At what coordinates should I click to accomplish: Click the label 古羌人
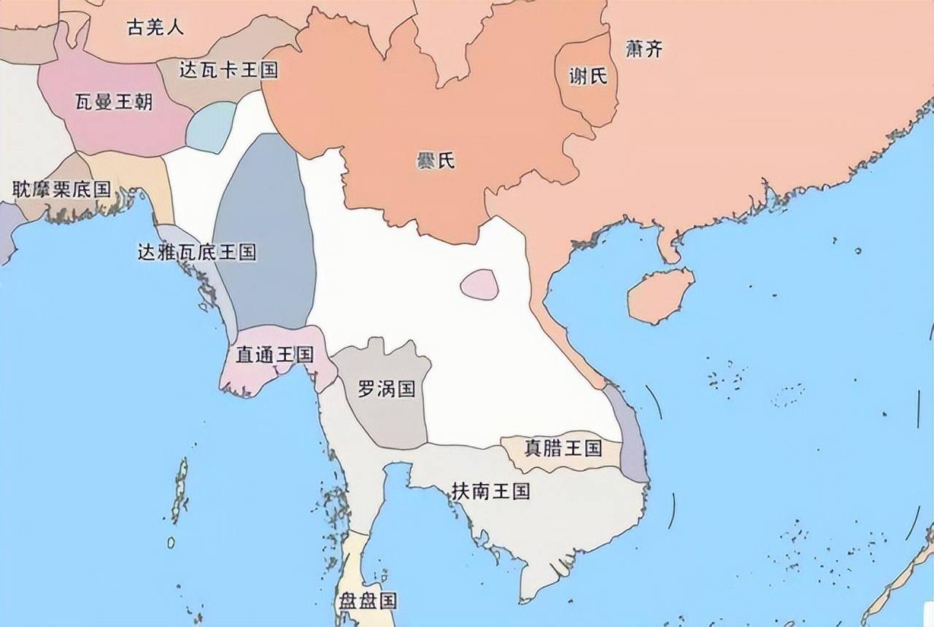point(155,28)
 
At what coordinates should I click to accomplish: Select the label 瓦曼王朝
point(114,101)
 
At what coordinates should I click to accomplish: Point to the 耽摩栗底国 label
point(62,190)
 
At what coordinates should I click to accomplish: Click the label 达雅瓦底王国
point(197,252)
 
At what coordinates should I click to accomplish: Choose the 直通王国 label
point(274,355)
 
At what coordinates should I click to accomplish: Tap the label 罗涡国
point(386,389)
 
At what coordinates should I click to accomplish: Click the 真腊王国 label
point(563,448)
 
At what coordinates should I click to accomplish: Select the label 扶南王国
point(490,491)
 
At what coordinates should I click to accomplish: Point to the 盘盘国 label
point(367,601)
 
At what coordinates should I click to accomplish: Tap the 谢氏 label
point(588,75)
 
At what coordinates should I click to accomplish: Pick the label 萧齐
point(644,50)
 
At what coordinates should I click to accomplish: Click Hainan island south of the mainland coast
point(660,295)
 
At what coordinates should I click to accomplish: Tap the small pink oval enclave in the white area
point(479,284)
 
